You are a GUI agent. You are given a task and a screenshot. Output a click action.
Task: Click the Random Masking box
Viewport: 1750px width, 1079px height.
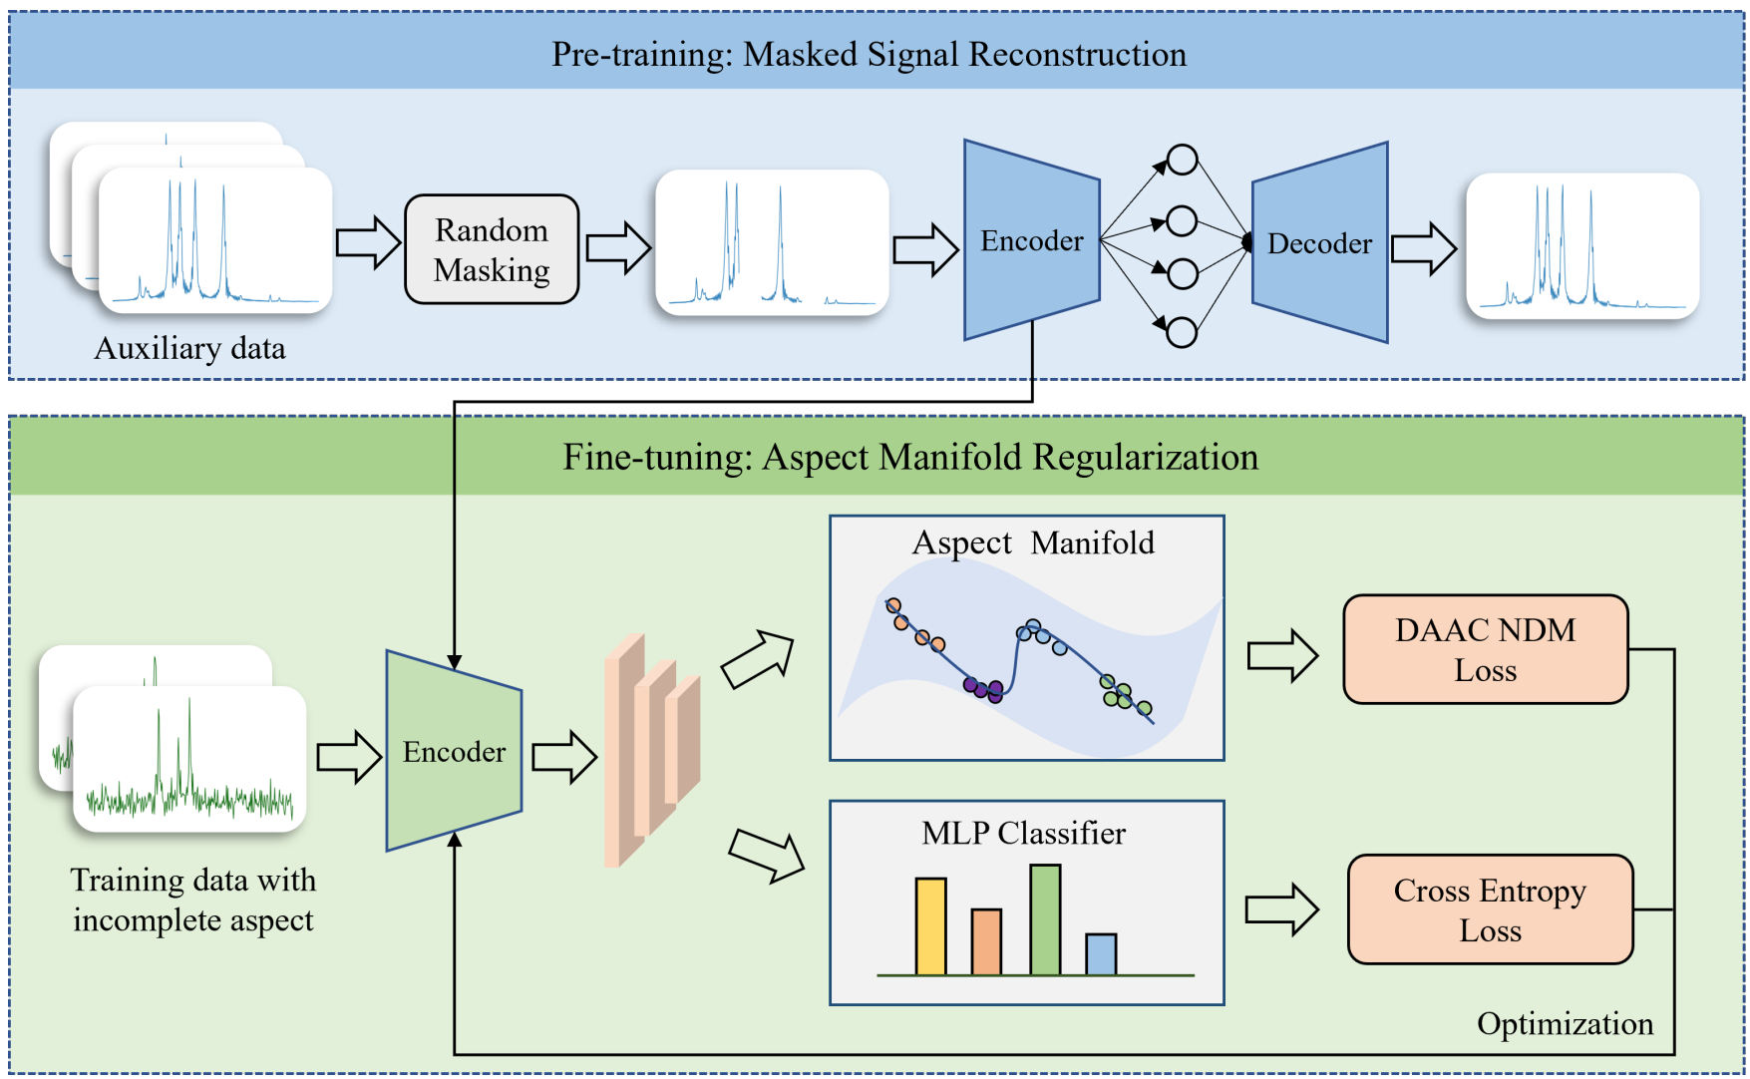(x=492, y=249)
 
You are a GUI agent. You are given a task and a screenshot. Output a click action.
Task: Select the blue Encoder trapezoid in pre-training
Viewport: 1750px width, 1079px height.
(x=1031, y=240)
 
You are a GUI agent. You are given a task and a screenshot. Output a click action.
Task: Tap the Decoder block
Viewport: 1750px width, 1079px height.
(x=1319, y=243)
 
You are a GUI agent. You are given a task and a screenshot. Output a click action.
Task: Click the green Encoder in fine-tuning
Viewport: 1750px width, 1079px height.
(x=454, y=751)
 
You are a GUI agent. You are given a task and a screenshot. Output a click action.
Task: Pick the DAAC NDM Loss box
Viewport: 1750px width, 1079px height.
(x=1485, y=649)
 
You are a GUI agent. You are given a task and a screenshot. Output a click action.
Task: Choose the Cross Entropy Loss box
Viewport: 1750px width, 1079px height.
(x=1490, y=909)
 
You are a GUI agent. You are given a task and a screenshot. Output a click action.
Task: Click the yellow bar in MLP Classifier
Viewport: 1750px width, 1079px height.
(x=930, y=926)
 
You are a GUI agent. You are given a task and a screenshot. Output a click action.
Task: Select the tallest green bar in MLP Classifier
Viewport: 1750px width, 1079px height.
(x=1045, y=919)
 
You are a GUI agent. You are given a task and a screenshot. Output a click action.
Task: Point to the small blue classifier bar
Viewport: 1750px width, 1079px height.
(x=1101, y=954)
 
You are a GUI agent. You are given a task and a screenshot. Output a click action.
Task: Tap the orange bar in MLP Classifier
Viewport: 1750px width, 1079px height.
(x=986, y=941)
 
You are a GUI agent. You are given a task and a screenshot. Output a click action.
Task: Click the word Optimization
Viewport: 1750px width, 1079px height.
(x=1565, y=1024)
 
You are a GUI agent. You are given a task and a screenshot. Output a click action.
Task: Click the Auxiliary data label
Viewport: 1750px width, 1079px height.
(x=189, y=348)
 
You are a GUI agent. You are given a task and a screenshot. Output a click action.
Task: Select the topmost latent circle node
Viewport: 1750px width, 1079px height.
(x=1182, y=160)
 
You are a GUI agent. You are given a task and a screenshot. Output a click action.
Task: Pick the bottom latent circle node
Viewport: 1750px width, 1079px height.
(x=1182, y=332)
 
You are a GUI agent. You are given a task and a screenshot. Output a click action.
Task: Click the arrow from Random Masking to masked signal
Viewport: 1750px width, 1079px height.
(x=617, y=247)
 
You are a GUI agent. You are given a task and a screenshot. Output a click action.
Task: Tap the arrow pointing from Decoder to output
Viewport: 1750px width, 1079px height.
(x=1423, y=248)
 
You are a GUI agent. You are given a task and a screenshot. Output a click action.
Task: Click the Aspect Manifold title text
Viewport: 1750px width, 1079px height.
(x=1033, y=542)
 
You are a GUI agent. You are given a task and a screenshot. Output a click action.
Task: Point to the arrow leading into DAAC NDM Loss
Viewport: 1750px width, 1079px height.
(x=1282, y=655)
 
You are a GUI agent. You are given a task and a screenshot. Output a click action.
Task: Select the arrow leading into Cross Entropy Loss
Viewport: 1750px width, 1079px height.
(x=1281, y=909)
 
